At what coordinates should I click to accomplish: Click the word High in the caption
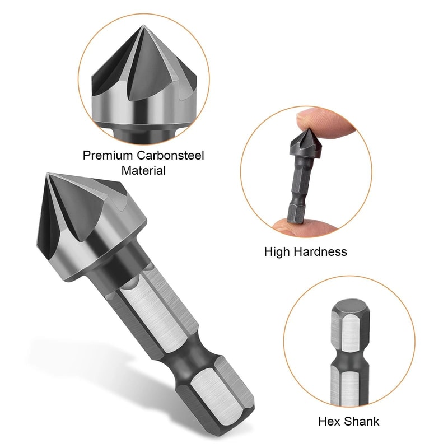pyautogui.click(x=277, y=251)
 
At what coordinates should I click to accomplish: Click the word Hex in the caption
pyautogui.click(x=328, y=421)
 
